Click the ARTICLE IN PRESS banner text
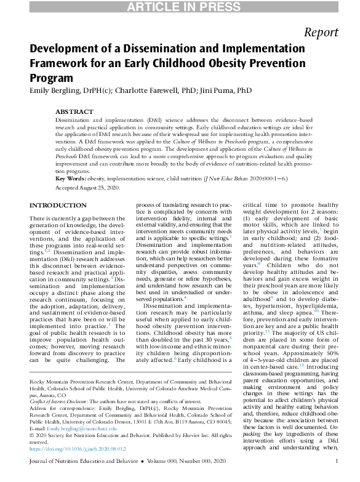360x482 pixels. pyautogui.click(x=180, y=7)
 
